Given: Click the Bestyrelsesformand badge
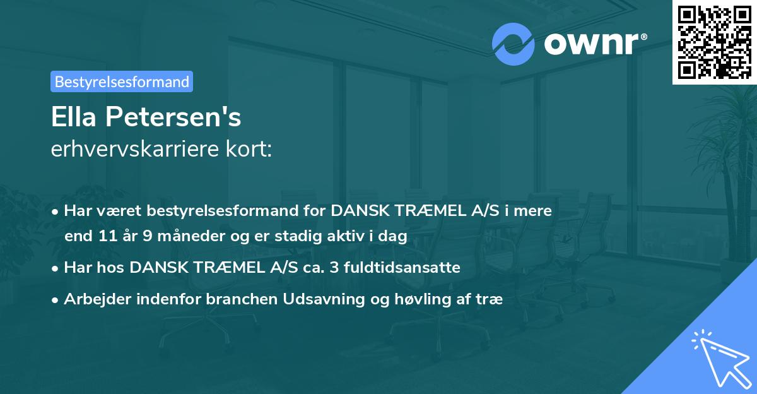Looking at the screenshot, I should pyautogui.click(x=122, y=81).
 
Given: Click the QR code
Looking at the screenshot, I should pyautogui.click(x=714, y=42).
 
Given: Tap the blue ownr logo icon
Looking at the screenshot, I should pyautogui.click(x=513, y=44).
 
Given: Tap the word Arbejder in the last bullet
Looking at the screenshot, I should pyautogui.click(x=92, y=299).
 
